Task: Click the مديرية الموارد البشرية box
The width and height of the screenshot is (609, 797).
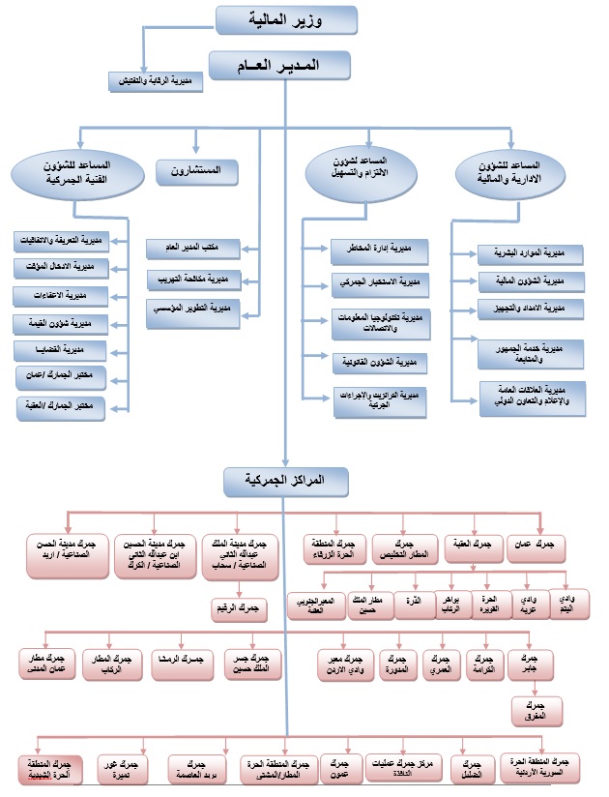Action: click(x=530, y=254)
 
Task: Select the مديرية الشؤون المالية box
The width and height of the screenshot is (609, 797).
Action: click(x=530, y=281)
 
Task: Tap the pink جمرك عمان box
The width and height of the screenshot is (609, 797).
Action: click(x=547, y=546)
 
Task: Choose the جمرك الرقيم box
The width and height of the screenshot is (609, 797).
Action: click(x=241, y=608)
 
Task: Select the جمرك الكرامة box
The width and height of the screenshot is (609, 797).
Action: click(x=486, y=664)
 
